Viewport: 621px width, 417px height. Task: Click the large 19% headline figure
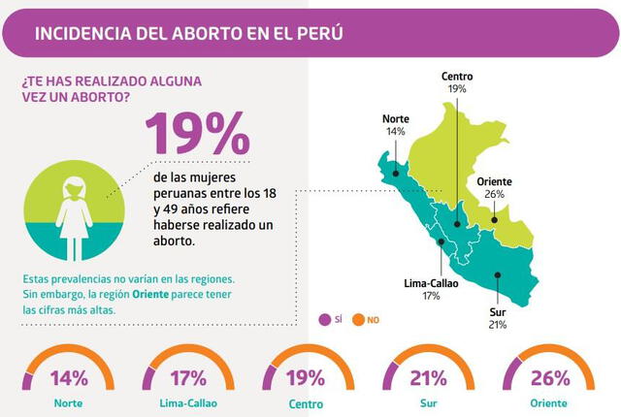tap(196, 133)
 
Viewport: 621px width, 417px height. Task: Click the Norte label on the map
tap(395, 119)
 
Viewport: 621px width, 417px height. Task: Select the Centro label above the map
tap(457, 76)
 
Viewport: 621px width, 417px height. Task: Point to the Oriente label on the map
tap(494, 181)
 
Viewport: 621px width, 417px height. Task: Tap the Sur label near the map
tap(498, 312)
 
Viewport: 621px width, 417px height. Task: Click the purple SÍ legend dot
tap(325, 319)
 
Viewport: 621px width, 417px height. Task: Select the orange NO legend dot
tap(358, 319)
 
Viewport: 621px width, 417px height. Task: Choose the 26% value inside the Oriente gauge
tap(548, 378)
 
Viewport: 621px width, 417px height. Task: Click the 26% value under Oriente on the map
tap(494, 194)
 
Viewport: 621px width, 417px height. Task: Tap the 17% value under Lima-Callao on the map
tap(431, 297)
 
